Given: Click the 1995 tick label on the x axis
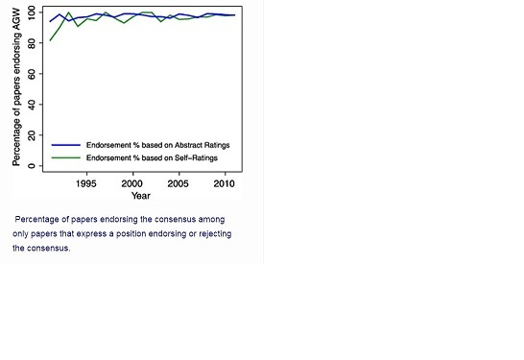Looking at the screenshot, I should click(86, 181).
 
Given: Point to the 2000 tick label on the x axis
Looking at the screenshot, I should click(132, 181).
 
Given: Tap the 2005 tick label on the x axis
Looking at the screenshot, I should click(179, 181).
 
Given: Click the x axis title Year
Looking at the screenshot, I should click(141, 195).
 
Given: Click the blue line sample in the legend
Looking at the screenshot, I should click(66, 145).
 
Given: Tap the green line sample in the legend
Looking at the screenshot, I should click(66, 156).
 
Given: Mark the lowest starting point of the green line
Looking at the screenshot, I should click(50, 40).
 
